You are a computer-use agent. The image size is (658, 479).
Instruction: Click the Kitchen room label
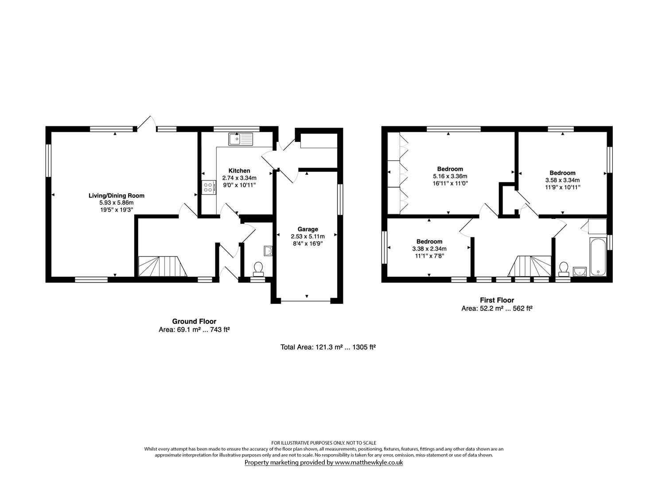tap(239, 171)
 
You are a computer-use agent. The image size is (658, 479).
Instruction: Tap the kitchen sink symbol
tap(241, 139)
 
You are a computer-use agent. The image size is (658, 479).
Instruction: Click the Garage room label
tap(308, 229)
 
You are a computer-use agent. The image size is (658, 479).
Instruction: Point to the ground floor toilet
tap(257, 267)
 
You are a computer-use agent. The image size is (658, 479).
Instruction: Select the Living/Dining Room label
tap(117, 196)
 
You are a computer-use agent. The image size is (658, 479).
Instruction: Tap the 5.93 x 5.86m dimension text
tap(117, 202)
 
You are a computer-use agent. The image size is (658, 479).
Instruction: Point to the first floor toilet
tap(564, 268)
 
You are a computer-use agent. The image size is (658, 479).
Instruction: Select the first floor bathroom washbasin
tap(580, 271)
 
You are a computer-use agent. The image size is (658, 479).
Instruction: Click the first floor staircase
tap(532, 266)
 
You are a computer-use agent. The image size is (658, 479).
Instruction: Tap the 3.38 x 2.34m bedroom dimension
tap(429, 249)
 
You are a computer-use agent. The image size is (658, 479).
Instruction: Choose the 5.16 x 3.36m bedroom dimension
tap(450, 176)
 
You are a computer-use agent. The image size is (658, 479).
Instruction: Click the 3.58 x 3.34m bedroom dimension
tap(562, 180)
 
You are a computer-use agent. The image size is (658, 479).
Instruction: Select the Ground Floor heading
tap(194, 322)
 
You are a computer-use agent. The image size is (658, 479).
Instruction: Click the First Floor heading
tap(497, 300)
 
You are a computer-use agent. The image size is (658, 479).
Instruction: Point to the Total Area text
tap(328, 347)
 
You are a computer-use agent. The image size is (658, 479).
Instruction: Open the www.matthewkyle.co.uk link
tap(368, 463)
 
